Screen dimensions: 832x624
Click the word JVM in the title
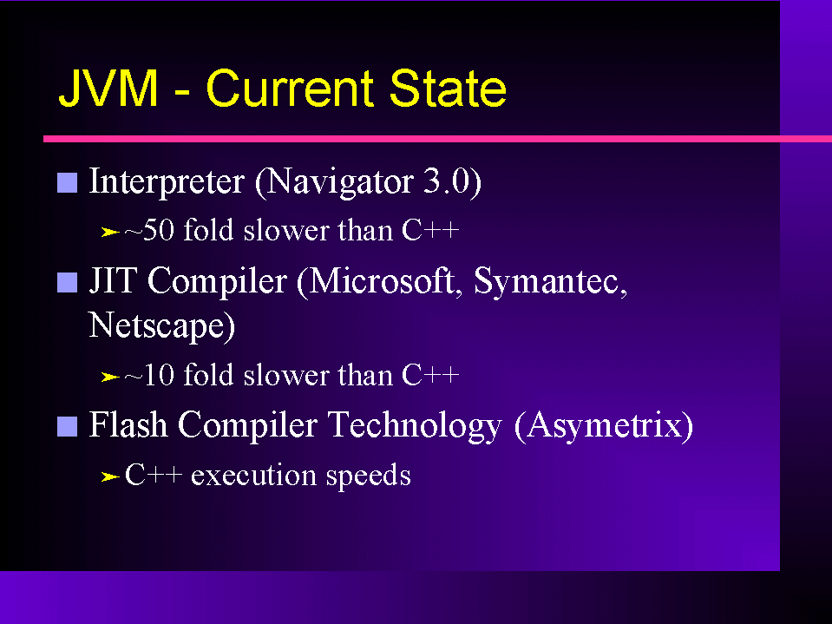pos(108,88)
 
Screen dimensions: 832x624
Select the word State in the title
pos(448,88)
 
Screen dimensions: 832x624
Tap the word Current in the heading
pos(290,88)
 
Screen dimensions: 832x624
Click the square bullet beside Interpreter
pos(68,182)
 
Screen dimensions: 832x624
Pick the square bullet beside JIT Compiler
pos(68,282)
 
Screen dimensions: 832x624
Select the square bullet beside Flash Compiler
pos(68,426)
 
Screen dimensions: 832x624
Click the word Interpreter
pos(167,182)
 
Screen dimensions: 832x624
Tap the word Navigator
pos(339,182)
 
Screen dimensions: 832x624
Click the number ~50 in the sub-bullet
pos(149,230)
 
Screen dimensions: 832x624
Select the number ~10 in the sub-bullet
pos(149,375)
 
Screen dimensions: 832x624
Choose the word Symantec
pos(550,280)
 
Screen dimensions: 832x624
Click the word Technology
pos(415,425)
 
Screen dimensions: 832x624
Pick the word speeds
pos(369,476)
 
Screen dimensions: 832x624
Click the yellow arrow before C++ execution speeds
pos(110,477)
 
